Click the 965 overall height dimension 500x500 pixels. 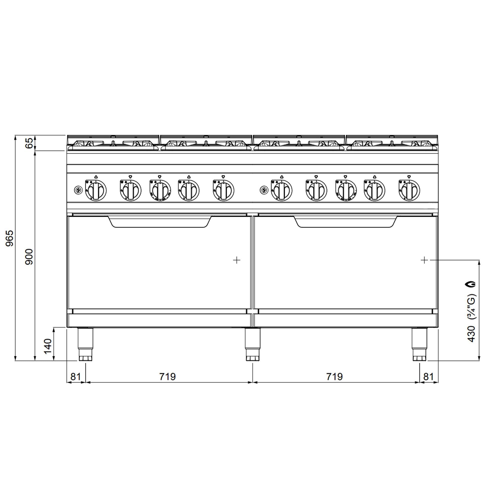[x=9, y=238]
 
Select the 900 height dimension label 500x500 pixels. [x=29, y=256]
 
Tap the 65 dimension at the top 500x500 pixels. [x=29, y=143]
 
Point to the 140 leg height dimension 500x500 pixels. [x=48, y=346]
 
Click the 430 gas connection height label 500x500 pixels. [x=471, y=334]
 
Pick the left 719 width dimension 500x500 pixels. [x=167, y=376]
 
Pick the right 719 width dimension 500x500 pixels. [x=334, y=376]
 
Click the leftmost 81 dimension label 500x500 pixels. [x=75, y=376]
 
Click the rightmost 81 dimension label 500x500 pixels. [x=428, y=376]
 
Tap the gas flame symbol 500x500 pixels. [x=471, y=284]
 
